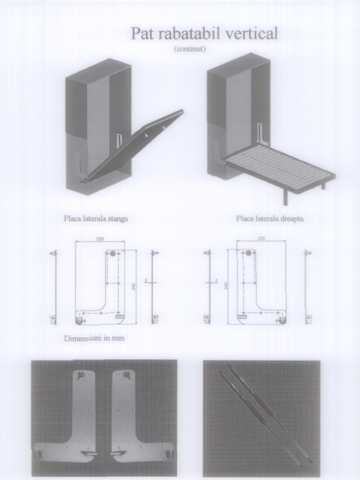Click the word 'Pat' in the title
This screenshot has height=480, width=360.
pos(142,34)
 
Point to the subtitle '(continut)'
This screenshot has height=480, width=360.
pos(190,49)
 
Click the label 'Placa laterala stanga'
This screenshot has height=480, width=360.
pos(96,218)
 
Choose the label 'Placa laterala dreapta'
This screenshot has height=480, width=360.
pos(270,218)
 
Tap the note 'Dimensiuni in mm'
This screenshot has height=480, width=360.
pos(94,338)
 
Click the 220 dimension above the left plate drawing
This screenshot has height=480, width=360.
pos(100,239)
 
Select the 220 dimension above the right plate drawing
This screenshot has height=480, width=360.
pos(261,239)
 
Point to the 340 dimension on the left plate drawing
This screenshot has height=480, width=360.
pos(134,286)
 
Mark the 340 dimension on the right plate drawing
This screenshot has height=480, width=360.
pos(226,286)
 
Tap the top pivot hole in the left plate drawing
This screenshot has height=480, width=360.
pos(112,254)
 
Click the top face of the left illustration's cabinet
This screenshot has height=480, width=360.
pos(98,70)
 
